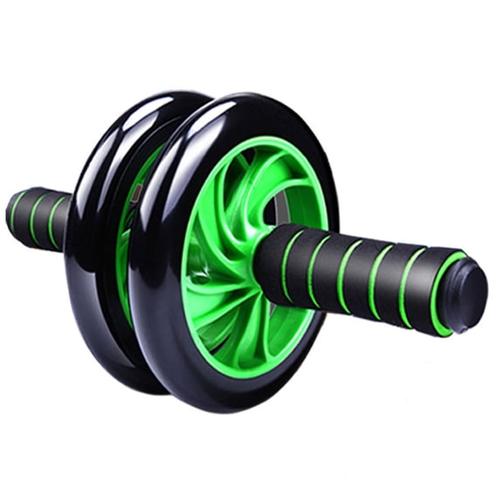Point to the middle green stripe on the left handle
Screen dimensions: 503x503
tap(36, 217)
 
